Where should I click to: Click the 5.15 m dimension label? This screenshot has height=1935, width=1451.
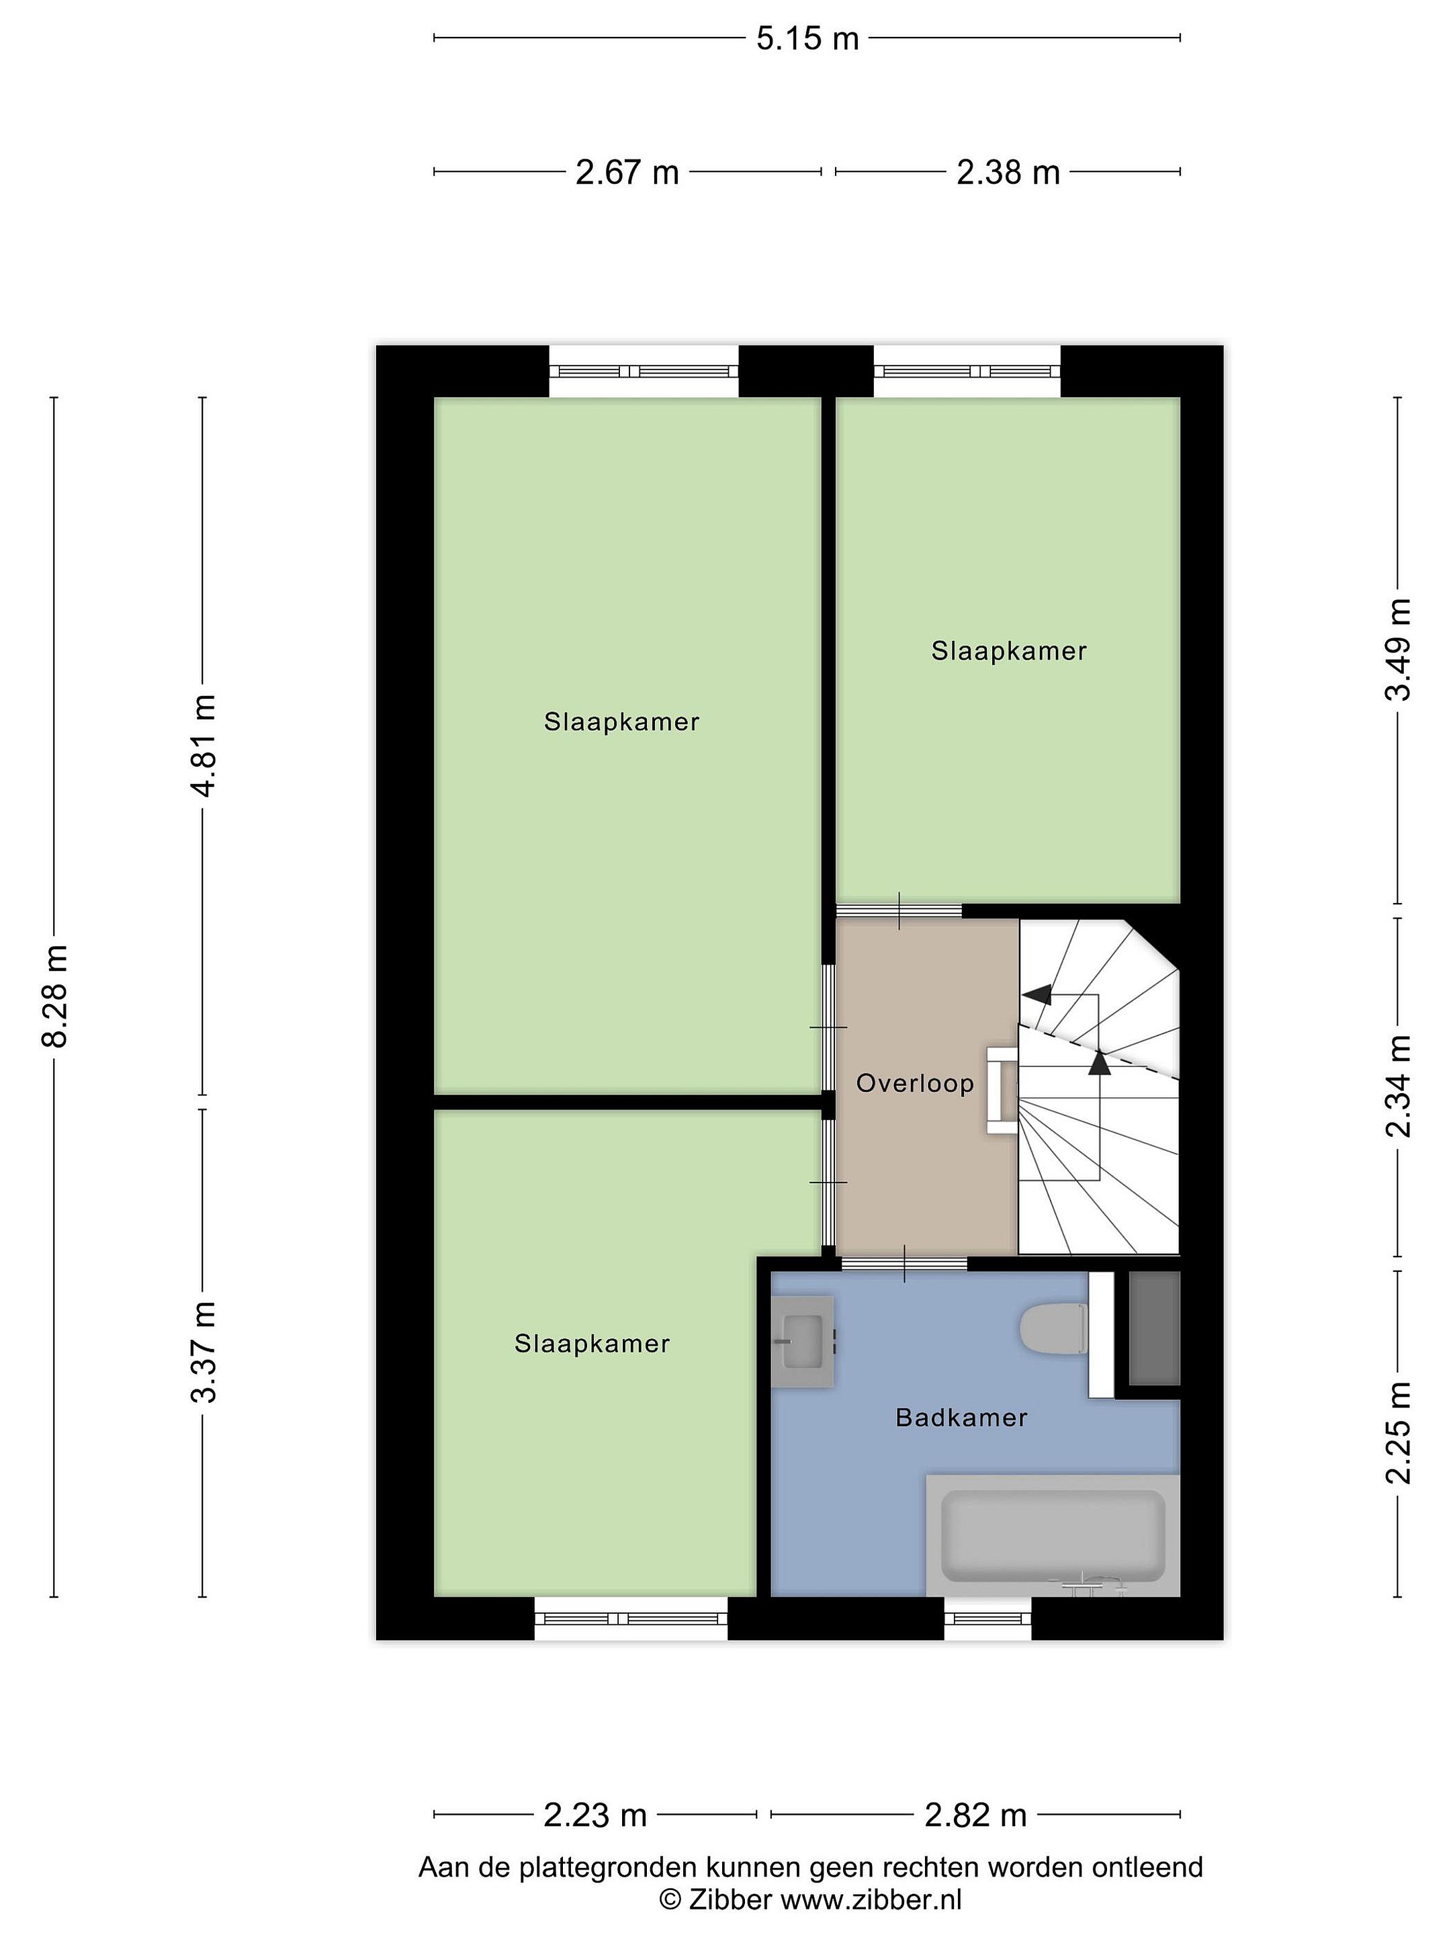(x=807, y=38)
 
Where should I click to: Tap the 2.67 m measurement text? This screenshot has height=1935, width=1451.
(x=627, y=172)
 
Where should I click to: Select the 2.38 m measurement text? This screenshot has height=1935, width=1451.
(x=1008, y=172)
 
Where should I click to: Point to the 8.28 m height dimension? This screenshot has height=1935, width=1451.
(x=55, y=996)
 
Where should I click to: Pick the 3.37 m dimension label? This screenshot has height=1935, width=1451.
(x=203, y=1352)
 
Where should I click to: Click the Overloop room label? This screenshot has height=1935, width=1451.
(x=915, y=1084)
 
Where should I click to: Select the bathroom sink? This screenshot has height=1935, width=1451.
(x=802, y=1341)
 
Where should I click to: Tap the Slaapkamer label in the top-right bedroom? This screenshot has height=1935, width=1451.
(x=1008, y=651)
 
